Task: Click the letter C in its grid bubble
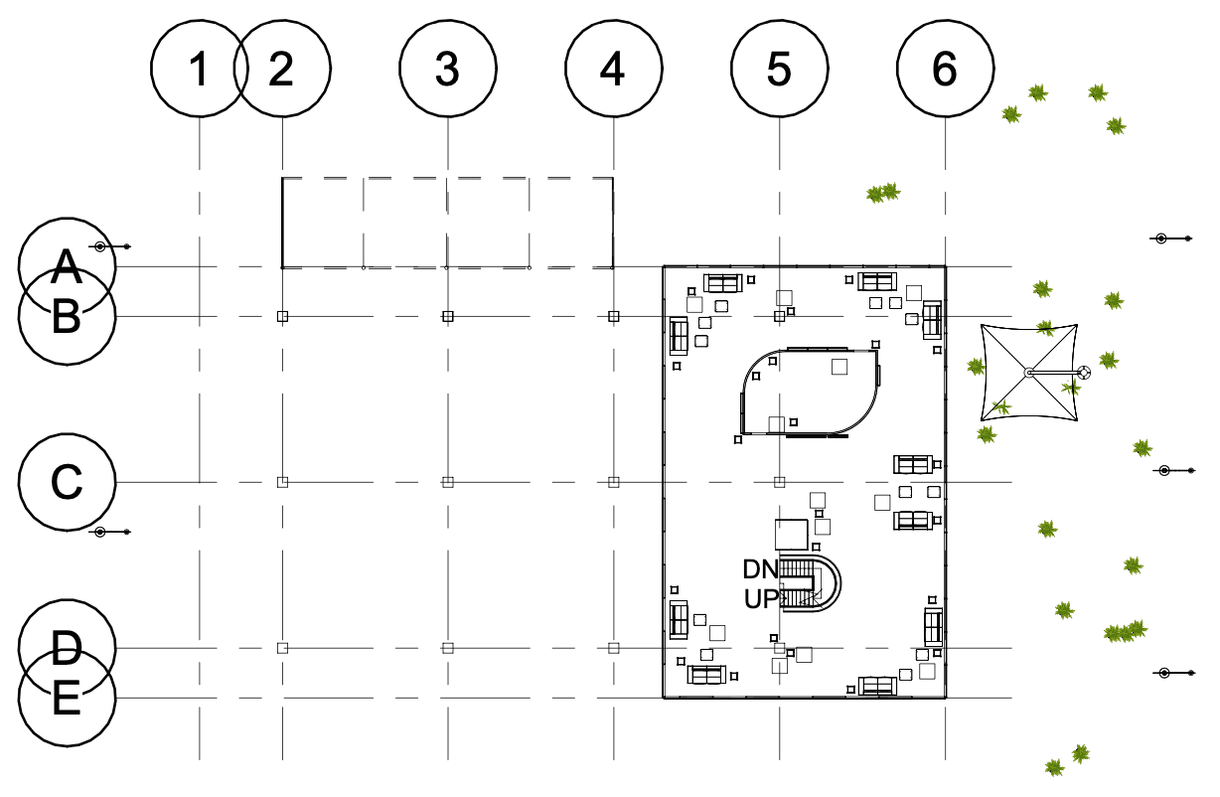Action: pyautogui.click(x=67, y=482)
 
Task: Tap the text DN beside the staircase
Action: pyautogui.click(x=761, y=569)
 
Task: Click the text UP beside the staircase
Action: pyautogui.click(x=761, y=599)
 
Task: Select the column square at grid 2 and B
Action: pyautogui.click(x=282, y=316)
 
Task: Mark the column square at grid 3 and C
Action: pyautogui.click(x=448, y=482)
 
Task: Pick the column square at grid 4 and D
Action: pyautogui.click(x=614, y=648)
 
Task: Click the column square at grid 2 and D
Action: pyautogui.click(x=282, y=648)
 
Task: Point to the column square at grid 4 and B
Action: pyautogui.click(x=614, y=316)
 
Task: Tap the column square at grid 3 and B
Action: pyautogui.click(x=448, y=316)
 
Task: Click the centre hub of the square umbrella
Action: pyautogui.click(x=1029, y=373)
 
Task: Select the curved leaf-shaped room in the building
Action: pyautogui.click(x=742, y=393)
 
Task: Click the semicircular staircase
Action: pyautogui.click(x=839, y=583)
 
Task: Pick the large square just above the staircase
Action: pyautogui.click(x=792, y=535)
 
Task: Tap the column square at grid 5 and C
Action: pyautogui.click(x=779, y=482)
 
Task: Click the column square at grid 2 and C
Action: pyautogui.click(x=282, y=482)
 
